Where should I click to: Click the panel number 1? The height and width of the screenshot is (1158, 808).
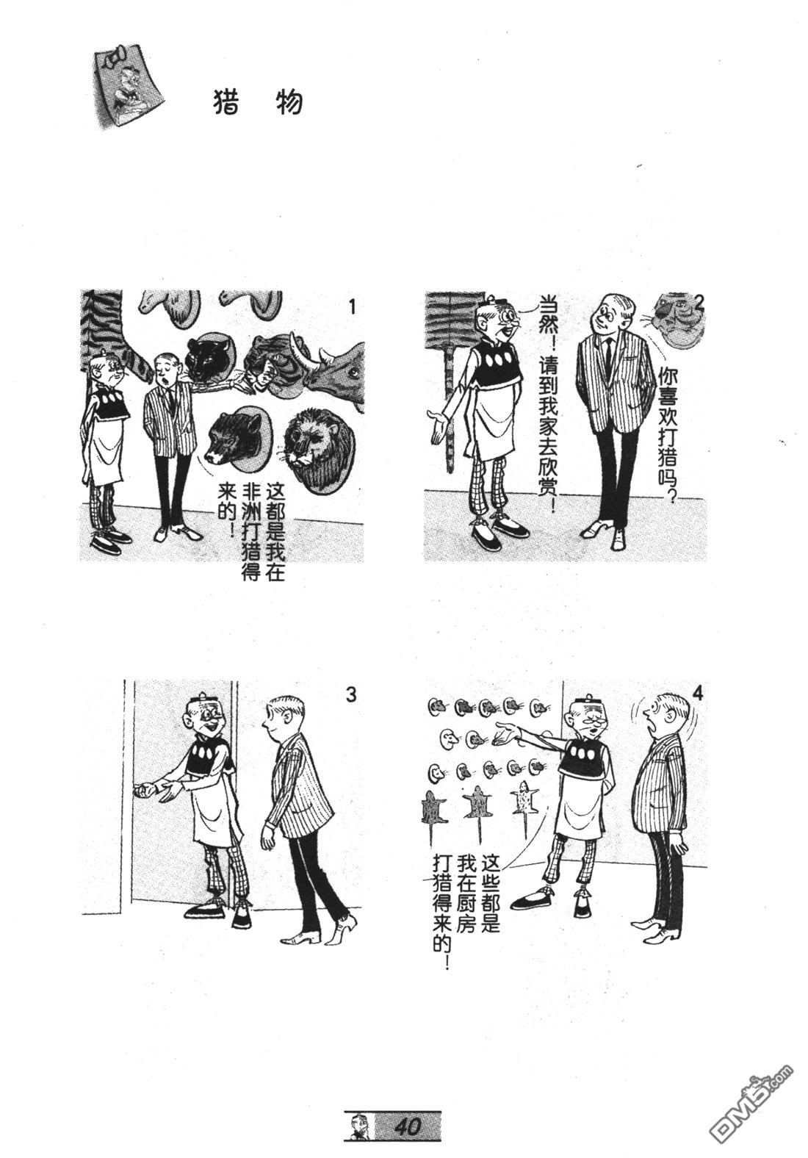(352, 307)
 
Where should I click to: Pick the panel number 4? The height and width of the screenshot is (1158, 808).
(698, 694)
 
